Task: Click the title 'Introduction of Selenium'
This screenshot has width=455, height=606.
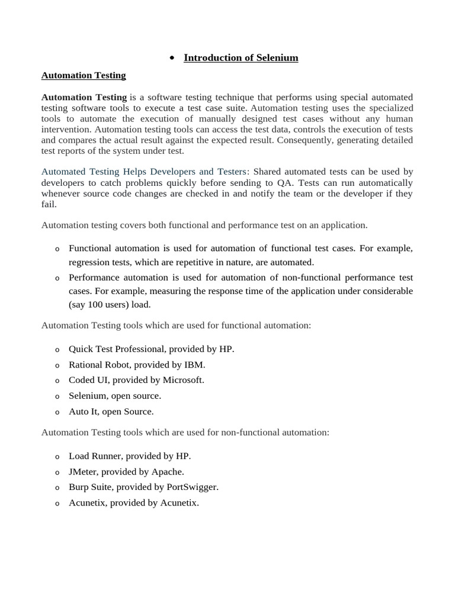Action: pos(241,58)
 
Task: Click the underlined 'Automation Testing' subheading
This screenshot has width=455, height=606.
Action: pos(84,75)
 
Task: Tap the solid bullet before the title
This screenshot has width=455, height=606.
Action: pos(171,58)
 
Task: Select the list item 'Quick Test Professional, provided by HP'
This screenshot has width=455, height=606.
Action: pos(151,349)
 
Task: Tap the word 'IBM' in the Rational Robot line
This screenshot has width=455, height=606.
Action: pos(194,365)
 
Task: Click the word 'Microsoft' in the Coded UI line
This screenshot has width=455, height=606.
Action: pos(182,380)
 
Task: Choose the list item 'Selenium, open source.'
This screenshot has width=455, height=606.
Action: pos(115,396)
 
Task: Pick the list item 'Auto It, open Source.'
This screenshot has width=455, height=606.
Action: pos(111,411)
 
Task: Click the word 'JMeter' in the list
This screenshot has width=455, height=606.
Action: pos(82,472)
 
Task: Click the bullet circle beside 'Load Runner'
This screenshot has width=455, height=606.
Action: pos(57,457)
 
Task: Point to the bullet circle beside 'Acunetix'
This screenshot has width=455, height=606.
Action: pos(57,504)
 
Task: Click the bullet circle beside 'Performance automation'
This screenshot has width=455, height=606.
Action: pos(57,278)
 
